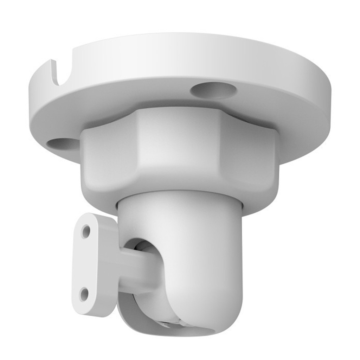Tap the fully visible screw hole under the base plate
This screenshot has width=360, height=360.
213,90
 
